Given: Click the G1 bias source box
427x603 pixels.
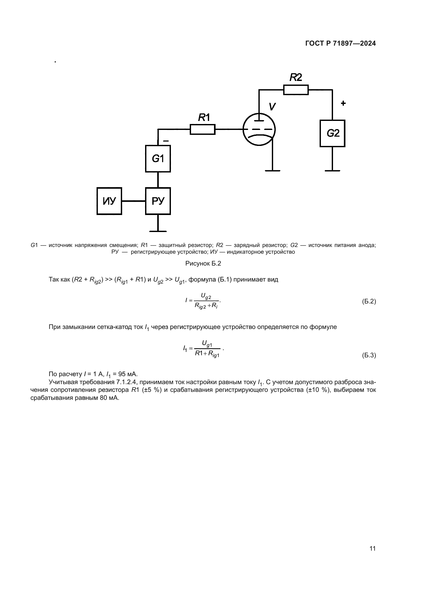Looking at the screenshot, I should pyautogui.click(x=158, y=159).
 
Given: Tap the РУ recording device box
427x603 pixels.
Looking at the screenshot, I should pyautogui.click(x=158, y=201).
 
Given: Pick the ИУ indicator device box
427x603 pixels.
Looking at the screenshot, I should pyautogui.click(x=109, y=201).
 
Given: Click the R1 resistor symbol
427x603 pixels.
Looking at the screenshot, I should pyautogui.click(x=202, y=129).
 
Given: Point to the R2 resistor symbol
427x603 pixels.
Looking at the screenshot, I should pyautogui.click(x=296, y=90).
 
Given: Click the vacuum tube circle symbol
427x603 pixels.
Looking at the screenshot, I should pyautogui.click(x=259, y=129).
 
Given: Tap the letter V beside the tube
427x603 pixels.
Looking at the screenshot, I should pyautogui.click(x=272, y=107).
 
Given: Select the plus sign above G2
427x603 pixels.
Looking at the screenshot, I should pyautogui.click(x=343, y=103).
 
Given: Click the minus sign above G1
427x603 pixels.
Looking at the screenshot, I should pyautogui.click(x=166, y=141).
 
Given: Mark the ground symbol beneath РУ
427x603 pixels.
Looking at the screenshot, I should pyautogui.click(x=158, y=231).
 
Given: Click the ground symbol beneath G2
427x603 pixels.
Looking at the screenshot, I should pyautogui.click(x=332, y=171).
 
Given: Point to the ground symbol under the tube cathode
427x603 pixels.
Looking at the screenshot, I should pyautogui.click(x=272, y=171).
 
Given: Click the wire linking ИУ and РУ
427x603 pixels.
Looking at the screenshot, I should pyautogui.click(x=133, y=201).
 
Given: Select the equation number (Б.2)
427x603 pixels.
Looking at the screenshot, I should pyautogui.click(x=369, y=301).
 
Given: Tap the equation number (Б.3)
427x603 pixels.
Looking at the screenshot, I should pyautogui.click(x=369, y=355).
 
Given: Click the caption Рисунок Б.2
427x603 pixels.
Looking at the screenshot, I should pyautogui.click(x=203, y=263).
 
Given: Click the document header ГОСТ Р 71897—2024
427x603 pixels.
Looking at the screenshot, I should pyautogui.click(x=341, y=44).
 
